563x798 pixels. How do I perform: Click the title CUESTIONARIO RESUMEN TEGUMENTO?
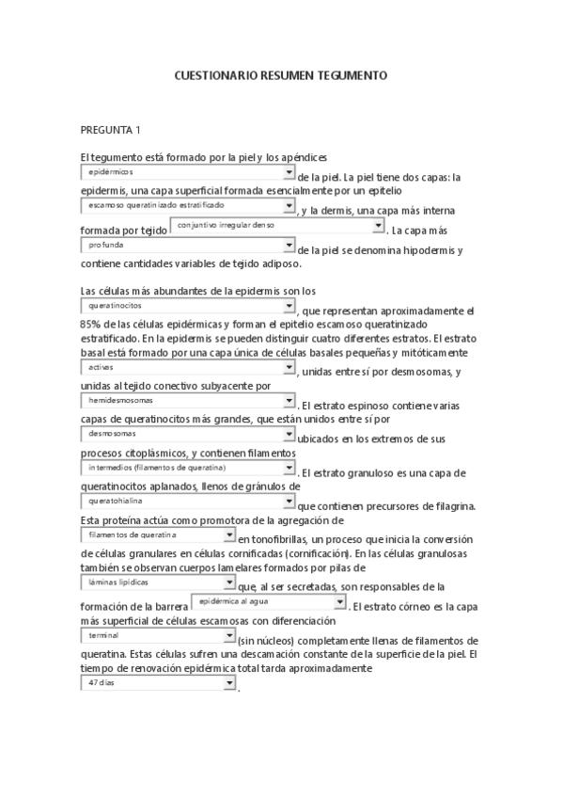(x=281, y=73)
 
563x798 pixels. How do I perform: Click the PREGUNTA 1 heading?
(x=111, y=130)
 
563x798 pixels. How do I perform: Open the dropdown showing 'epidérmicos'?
(x=188, y=172)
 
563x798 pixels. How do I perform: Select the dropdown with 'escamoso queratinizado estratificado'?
(x=188, y=205)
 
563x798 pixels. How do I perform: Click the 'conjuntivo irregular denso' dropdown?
(x=278, y=227)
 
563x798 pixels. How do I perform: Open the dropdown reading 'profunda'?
(x=188, y=246)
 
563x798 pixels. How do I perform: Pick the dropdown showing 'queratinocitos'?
(x=188, y=307)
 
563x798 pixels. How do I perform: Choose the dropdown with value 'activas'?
(x=188, y=368)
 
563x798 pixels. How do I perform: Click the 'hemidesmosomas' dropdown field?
(x=188, y=400)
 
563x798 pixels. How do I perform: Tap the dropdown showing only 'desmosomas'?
(x=188, y=434)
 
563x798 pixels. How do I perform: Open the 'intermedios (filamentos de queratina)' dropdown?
(x=188, y=467)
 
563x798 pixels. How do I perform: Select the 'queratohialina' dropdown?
(x=188, y=502)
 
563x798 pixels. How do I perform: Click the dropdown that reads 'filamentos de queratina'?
(x=158, y=535)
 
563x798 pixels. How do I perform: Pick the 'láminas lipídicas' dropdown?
(x=158, y=583)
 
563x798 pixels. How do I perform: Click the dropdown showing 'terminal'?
(x=158, y=636)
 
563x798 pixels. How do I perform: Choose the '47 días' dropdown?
(x=158, y=683)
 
